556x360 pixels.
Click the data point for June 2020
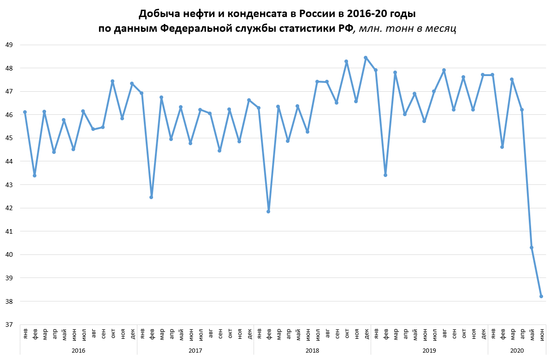(541, 296)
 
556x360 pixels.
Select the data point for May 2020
(532, 248)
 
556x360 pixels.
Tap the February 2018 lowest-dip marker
(268, 211)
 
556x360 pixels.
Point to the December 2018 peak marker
(366, 58)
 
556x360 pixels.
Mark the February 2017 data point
(151, 197)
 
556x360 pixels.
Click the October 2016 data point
(112, 81)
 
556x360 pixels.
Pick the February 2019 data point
(385, 175)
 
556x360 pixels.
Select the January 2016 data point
(25, 112)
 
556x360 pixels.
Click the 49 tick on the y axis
(9, 45)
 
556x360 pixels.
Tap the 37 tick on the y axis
(9, 325)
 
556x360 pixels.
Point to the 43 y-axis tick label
(9, 185)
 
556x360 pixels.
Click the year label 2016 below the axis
(78, 351)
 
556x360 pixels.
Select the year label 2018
(312, 351)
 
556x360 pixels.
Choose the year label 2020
(517, 351)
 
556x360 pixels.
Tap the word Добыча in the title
(158, 13)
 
